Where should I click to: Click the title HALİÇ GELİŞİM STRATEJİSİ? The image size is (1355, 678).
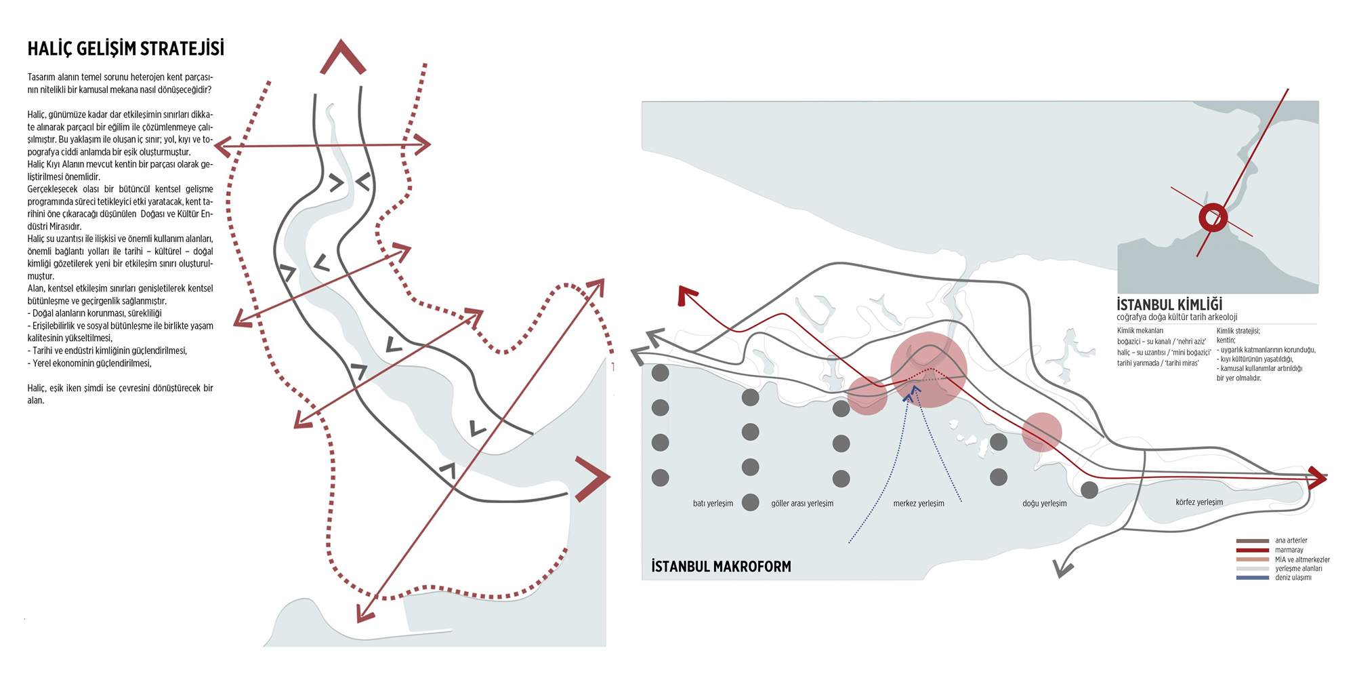(125, 49)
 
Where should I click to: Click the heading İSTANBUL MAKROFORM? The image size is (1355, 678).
(721, 566)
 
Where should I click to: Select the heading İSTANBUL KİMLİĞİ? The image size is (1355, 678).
(1169, 304)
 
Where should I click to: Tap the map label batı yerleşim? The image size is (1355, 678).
(713, 504)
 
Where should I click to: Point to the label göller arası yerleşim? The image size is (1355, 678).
(802, 504)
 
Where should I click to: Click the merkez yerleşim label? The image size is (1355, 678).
(918, 504)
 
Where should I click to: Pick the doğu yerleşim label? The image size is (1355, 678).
(1044, 504)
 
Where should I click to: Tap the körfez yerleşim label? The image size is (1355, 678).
(1199, 502)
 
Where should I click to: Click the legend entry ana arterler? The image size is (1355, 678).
(1291, 540)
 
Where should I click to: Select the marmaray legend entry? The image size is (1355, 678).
(1289, 550)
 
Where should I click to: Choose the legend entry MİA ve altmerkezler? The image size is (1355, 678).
(1301, 559)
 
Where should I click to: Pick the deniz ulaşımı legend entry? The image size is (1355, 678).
(1293, 578)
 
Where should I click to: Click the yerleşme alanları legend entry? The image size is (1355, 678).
(1298, 569)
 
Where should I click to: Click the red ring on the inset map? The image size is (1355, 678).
(1213, 218)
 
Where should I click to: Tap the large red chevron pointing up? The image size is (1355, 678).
(343, 57)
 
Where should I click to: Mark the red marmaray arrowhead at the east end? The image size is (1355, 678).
(1318, 477)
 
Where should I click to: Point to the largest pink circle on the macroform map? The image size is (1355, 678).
(928, 370)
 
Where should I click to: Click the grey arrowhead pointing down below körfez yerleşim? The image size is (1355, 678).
(1064, 568)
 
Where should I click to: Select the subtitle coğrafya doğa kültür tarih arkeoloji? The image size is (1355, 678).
(1177, 317)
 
